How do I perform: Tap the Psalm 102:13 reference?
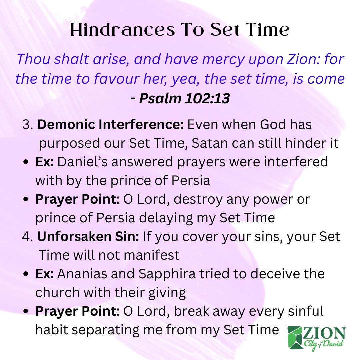[x=180, y=99]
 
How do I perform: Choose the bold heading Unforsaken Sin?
[x=88, y=236]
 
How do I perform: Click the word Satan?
[x=212, y=143]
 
